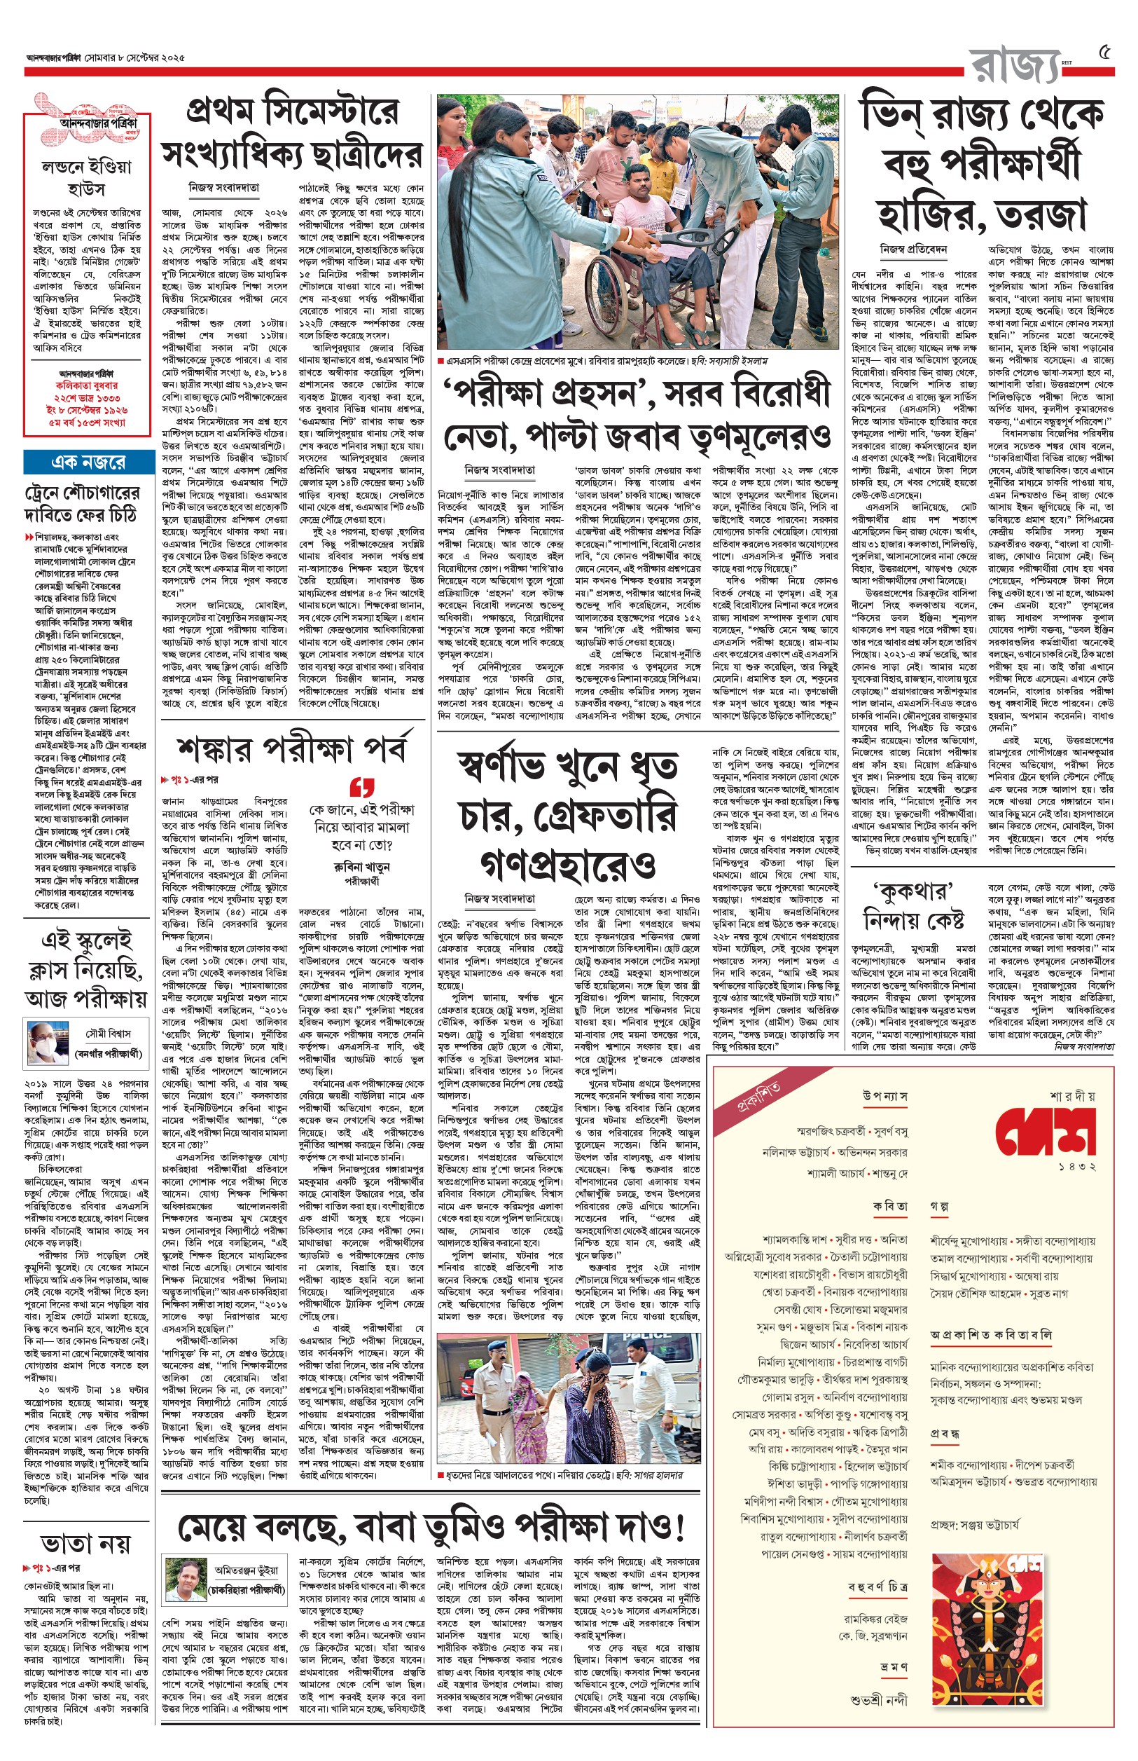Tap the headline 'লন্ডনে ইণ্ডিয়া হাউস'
click(85, 177)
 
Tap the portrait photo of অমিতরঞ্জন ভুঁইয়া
click(185, 1580)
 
